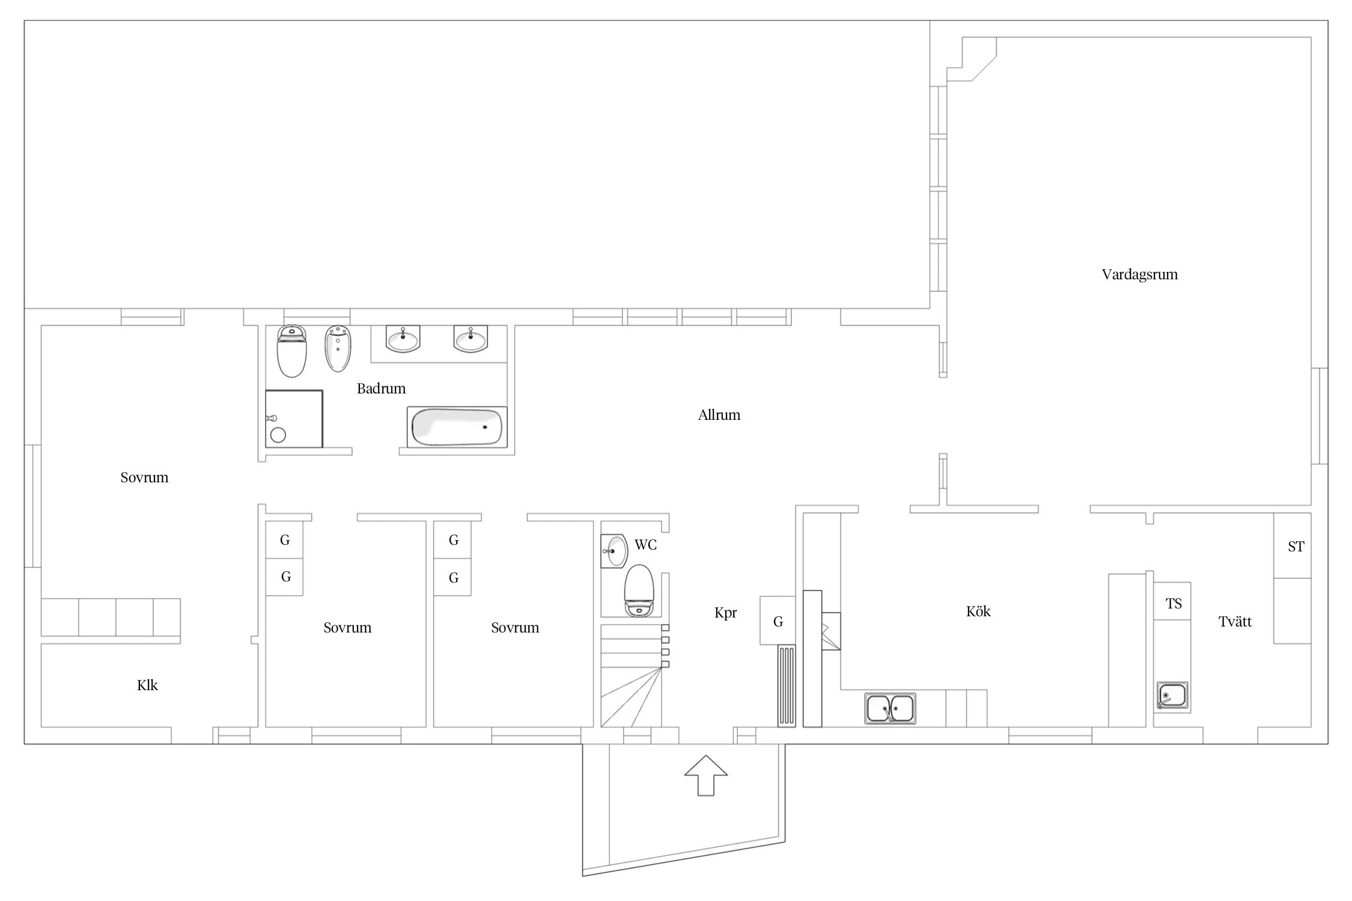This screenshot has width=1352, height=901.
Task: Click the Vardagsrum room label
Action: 1139,275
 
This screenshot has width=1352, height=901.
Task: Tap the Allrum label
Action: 719,415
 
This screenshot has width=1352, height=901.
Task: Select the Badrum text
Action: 381,389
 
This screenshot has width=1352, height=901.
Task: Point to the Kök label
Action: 978,611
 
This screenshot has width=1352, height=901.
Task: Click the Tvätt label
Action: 1235,622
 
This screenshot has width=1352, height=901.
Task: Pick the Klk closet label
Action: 147,685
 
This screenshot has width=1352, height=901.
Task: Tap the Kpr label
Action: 725,613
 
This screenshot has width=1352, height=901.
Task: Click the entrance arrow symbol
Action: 706,775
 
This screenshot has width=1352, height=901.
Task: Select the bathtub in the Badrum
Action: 457,427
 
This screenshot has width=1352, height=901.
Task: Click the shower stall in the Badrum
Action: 294,419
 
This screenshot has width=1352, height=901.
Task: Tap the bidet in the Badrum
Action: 338,349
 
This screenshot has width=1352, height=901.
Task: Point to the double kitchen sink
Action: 890,708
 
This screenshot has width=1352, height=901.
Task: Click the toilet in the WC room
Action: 639,590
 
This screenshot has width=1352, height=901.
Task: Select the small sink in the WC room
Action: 614,550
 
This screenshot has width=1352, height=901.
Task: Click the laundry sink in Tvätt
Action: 1172,696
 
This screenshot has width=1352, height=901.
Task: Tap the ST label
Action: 1296,547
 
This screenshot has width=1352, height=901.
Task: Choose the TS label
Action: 1174,604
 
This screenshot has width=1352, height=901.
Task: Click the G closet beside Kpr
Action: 778,620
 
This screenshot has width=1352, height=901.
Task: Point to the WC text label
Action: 645,545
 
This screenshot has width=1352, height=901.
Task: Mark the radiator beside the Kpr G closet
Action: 787,686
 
